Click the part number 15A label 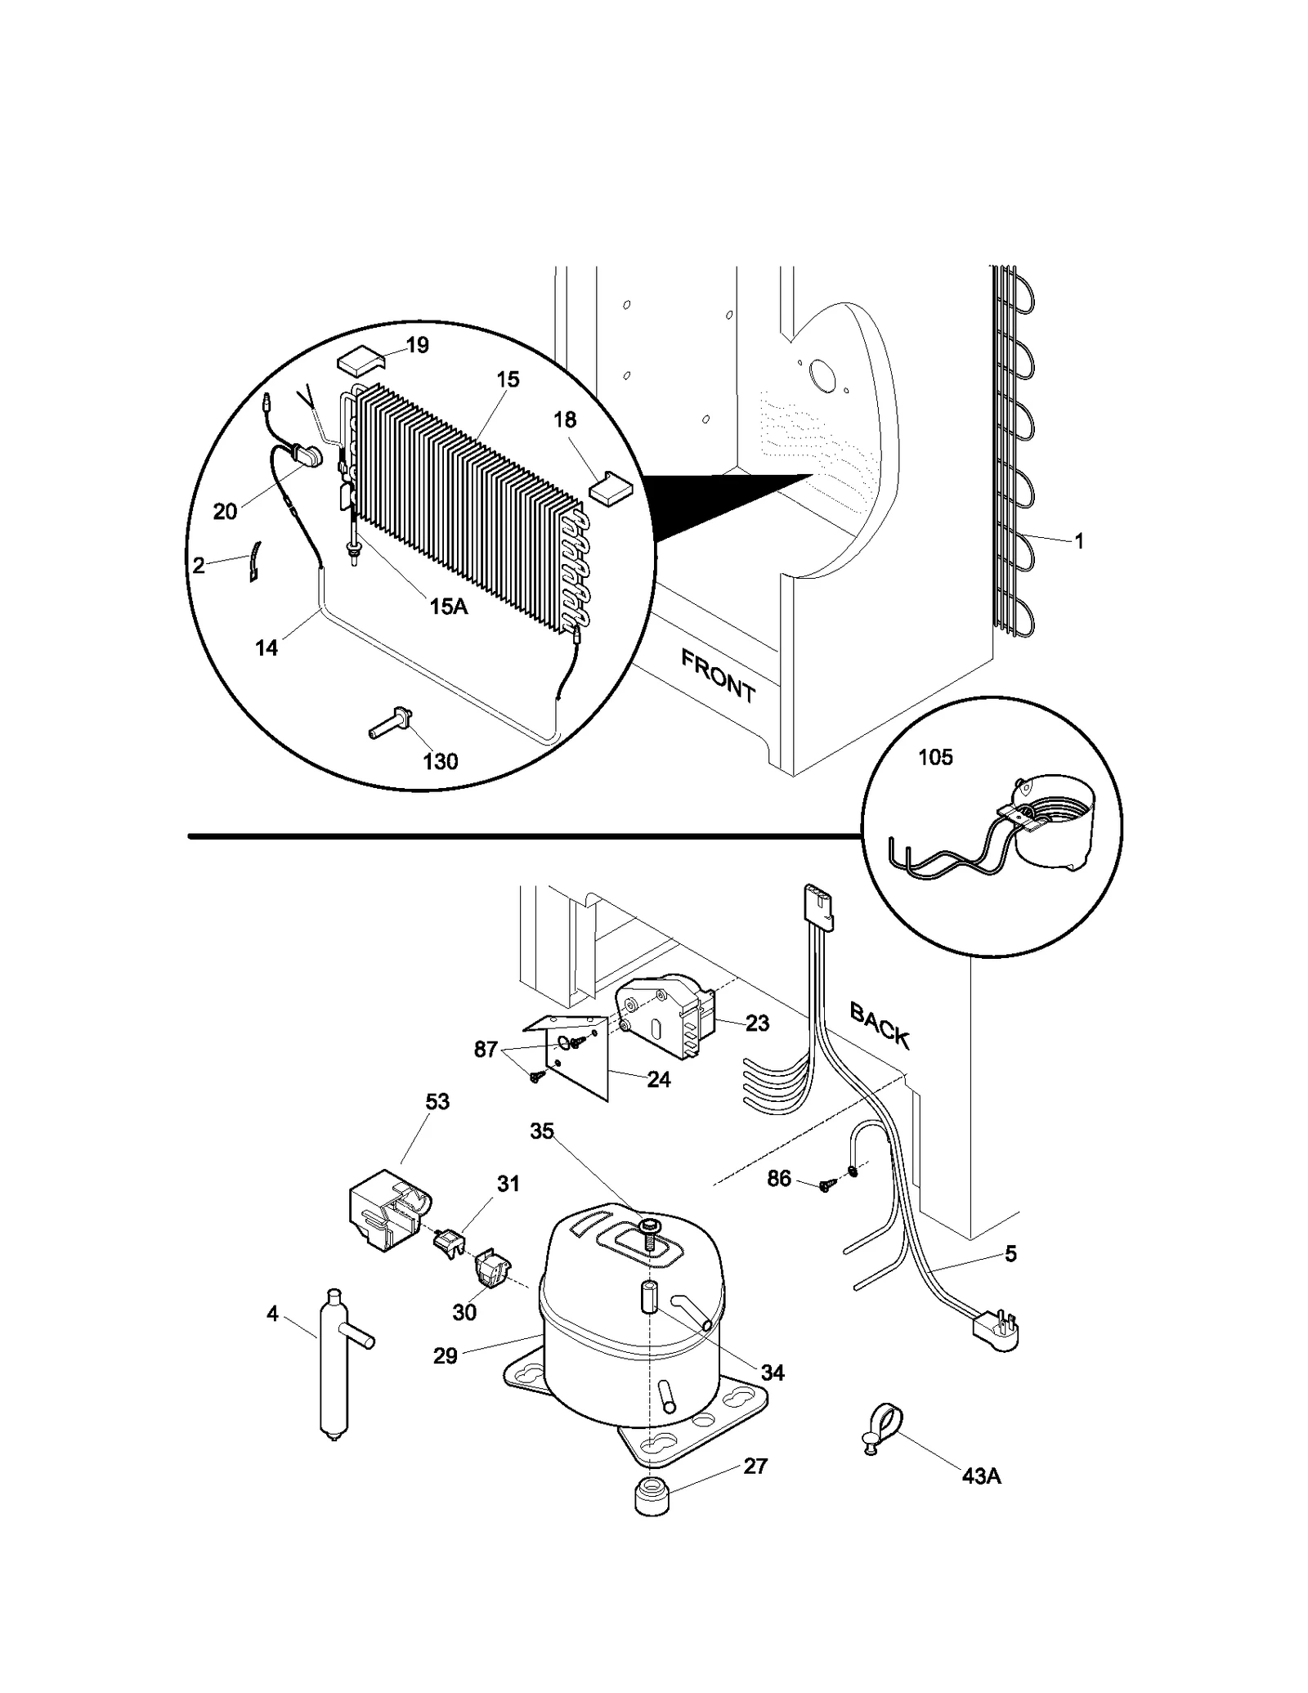[x=448, y=606]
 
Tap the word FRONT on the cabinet [x=718, y=675]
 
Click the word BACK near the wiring [x=880, y=1024]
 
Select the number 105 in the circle [x=935, y=757]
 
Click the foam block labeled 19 [x=358, y=361]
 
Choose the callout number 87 [x=486, y=1050]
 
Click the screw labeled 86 [x=826, y=1185]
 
